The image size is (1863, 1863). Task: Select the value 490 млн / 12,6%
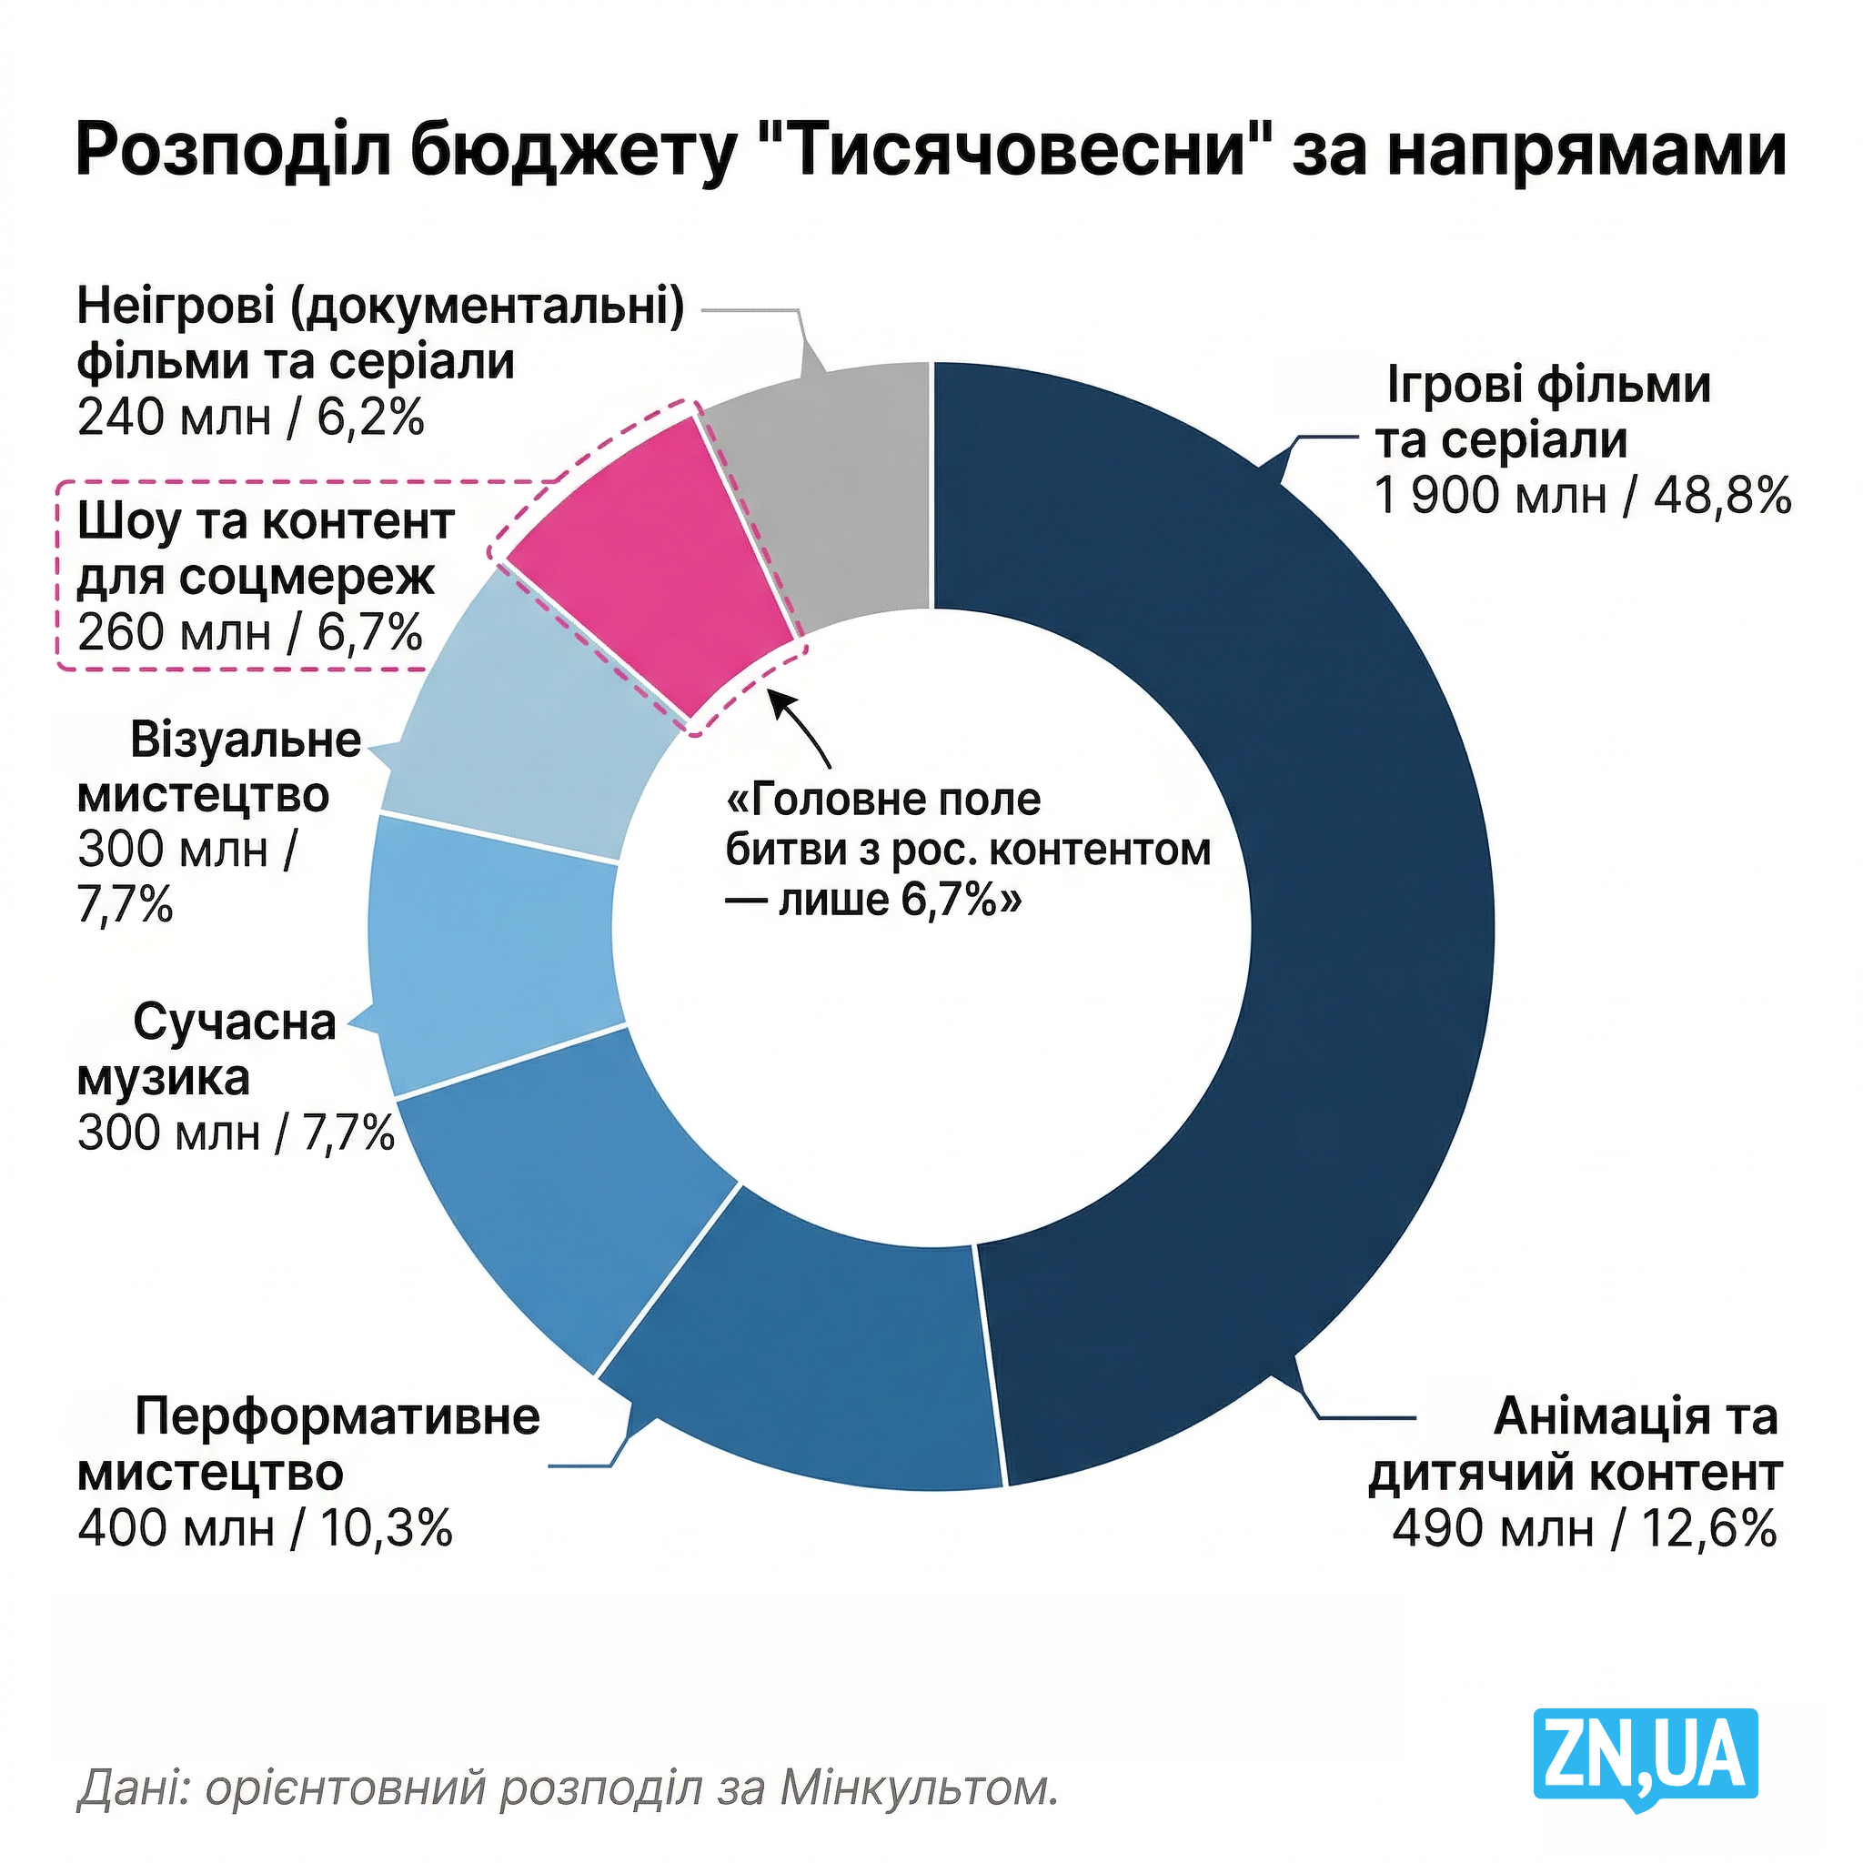pos(1584,1528)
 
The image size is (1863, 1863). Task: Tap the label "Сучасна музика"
pos(207,1049)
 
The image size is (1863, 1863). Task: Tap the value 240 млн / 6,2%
pos(251,418)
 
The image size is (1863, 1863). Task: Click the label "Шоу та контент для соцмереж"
pos(266,549)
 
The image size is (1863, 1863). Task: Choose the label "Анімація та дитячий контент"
pos(1576,1444)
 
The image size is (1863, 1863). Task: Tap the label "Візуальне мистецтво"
pos(217,767)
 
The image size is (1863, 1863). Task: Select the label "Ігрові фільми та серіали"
pos(1543,412)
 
